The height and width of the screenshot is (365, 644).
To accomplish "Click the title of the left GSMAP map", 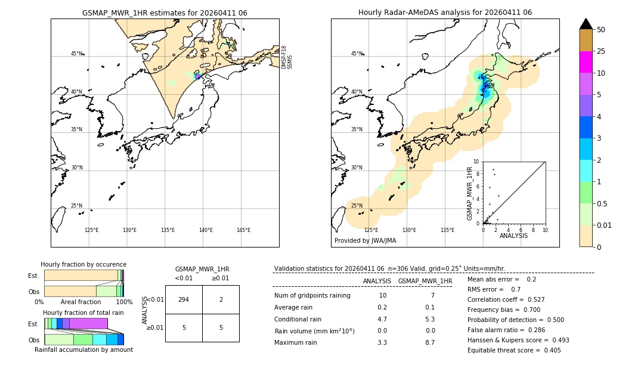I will point(165,13).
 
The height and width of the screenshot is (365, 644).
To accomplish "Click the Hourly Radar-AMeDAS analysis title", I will point(445,13).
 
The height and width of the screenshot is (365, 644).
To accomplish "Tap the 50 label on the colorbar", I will point(601,30).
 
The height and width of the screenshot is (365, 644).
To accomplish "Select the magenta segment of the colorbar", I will point(586,62).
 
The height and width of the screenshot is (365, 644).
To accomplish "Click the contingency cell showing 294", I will point(184,299).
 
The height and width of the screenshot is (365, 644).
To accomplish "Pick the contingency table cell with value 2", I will point(221,299).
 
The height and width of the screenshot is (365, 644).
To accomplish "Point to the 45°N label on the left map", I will point(76,54).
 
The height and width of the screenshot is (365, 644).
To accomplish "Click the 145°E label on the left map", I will point(243,230).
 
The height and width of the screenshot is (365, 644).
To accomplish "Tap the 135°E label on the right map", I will point(447,230).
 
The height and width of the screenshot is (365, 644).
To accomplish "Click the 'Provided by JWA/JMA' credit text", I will point(365,241).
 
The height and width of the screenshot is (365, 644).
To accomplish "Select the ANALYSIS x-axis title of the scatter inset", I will point(513,236).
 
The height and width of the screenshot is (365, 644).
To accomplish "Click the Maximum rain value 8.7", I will point(429,342).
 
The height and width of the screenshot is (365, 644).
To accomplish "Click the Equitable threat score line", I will point(514,350).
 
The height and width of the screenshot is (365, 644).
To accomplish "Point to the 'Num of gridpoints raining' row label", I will point(312,296).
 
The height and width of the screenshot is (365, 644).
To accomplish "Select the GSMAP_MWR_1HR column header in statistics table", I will point(425,281).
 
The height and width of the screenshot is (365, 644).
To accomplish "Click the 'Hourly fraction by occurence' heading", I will point(83,264).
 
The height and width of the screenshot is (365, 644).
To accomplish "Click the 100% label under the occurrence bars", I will point(124,302).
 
